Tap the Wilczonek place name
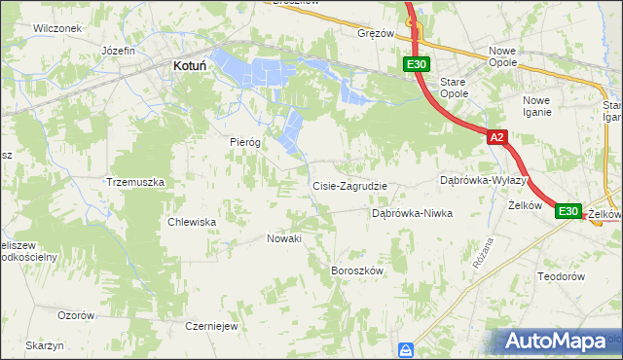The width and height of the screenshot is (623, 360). coord(56,28)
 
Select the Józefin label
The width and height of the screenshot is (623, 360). coord(118,50)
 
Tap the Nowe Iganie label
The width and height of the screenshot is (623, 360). coord(542,106)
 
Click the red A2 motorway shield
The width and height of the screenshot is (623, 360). coord(496,138)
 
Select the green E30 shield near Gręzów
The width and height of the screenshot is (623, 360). coord(416,65)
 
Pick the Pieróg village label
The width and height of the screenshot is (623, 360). coord(245,142)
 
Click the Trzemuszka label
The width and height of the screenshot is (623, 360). coord(135,182)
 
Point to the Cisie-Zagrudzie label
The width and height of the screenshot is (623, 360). coord(349,186)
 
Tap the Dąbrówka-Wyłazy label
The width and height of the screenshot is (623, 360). coord(483,181)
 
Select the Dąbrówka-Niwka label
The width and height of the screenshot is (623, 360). coord(413,213)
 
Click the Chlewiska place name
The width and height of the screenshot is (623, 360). coord(192,222)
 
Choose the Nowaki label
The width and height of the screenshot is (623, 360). coord(284,238)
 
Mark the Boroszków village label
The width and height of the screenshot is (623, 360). coord(358,270)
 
